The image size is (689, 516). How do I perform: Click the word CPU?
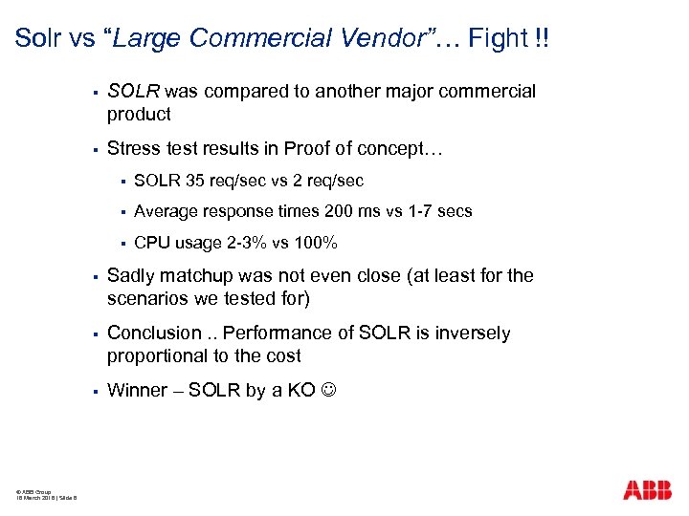(152, 242)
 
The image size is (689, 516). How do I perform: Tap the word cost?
(282, 355)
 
